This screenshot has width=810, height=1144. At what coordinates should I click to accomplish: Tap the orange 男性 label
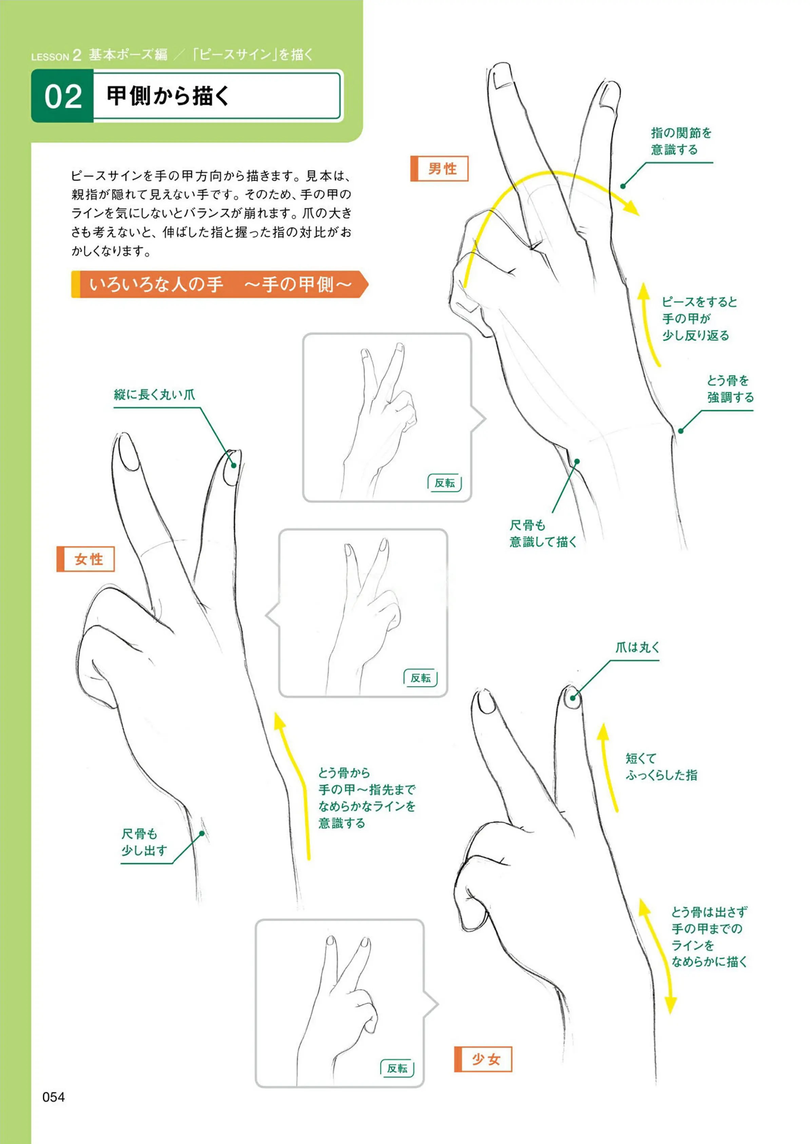[x=439, y=169]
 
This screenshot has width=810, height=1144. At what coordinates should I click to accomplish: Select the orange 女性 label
[x=86, y=559]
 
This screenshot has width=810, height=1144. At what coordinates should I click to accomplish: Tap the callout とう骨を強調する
[x=730, y=389]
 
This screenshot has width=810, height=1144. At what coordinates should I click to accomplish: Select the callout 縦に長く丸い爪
[x=154, y=395]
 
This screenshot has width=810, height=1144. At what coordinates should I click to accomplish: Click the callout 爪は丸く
[x=637, y=647]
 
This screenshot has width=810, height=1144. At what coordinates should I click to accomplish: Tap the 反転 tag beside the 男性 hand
[x=444, y=483]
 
